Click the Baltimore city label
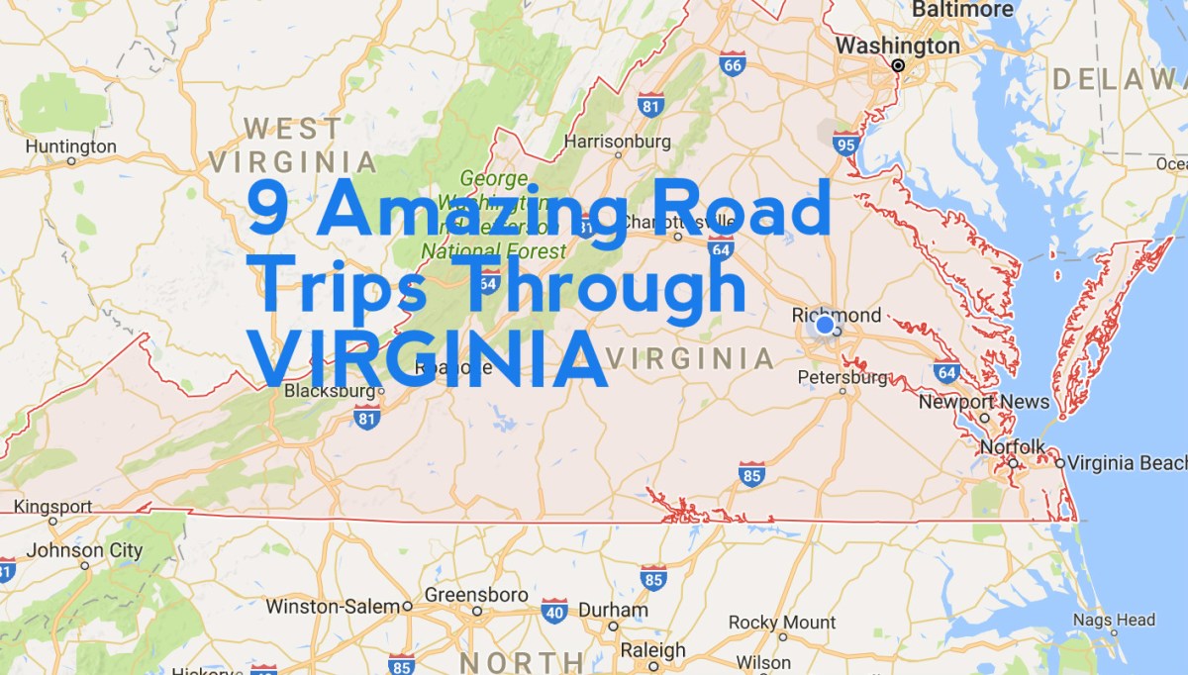(962, 10)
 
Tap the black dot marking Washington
(898, 65)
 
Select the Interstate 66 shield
(732, 64)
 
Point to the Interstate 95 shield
(844, 145)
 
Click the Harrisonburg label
(617, 142)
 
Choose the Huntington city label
(70, 147)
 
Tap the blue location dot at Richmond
(825, 326)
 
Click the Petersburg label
(842, 377)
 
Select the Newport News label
(983, 402)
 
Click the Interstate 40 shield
(554, 611)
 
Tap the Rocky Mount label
(782, 623)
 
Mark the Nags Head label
(1114, 621)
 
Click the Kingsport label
(53, 508)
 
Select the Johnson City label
(84, 551)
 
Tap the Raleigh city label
(652, 650)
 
